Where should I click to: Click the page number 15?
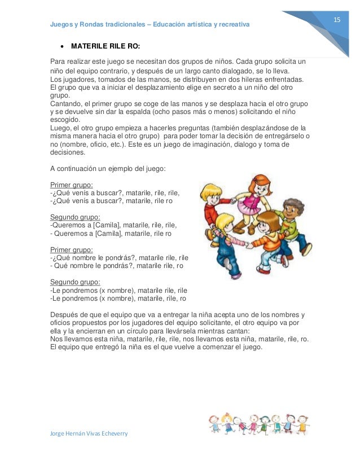pyautogui.click(x=337, y=20)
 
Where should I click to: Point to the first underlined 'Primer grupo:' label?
pyautogui.click(x=72, y=184)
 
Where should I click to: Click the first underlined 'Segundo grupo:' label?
pyautogui.click(x=75, y=217)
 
